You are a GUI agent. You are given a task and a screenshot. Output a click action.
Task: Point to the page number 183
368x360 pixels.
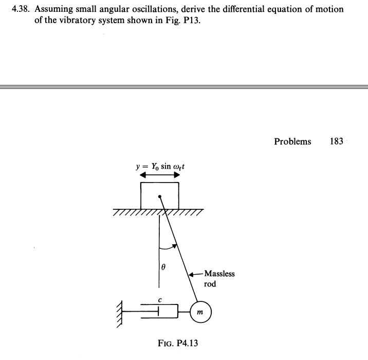(336, 141)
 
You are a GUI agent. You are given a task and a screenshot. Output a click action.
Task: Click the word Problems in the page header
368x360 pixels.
(292, 141)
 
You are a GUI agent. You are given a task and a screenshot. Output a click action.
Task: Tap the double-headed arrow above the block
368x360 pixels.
(160, 175)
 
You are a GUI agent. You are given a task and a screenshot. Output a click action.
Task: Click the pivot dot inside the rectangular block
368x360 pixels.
(160, 196)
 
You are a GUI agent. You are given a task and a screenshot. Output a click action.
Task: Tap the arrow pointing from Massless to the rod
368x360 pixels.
(196, 274)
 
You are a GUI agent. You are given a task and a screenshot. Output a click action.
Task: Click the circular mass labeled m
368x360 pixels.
(200, 312)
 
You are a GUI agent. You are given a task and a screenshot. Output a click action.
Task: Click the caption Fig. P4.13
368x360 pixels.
(177, 343)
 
